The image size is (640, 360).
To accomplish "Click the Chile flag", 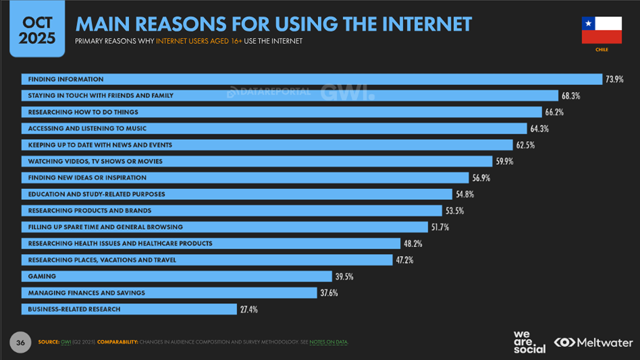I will pos(602,30).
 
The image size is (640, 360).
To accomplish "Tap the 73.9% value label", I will pos(614,79).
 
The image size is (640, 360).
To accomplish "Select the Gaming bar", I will pos(177,276).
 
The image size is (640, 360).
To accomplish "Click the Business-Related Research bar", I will pos(129,309).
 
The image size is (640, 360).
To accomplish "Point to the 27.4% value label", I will pos(249,309).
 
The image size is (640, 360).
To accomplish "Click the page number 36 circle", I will pos(20,342).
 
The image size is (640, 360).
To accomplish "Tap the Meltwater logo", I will pos(593,342).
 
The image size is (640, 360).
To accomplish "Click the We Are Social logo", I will pos(529,342).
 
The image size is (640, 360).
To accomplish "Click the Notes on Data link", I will pos(328,342).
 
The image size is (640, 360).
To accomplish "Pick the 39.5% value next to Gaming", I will pos(344,277).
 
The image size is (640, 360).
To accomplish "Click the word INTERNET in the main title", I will pos(427,24).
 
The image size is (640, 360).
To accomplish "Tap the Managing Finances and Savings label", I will pos(87,293).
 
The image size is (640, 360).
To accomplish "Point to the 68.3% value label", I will pos(571,96).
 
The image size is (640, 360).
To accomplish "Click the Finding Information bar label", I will pos(66,79).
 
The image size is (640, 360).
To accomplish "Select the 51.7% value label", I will pos(440,227).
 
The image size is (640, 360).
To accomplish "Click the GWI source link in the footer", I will pos(66,342).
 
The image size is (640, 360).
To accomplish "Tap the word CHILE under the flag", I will pos(602,50).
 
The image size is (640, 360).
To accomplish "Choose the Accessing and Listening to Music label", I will pos(87,128).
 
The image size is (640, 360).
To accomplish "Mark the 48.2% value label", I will pos(413,244).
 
